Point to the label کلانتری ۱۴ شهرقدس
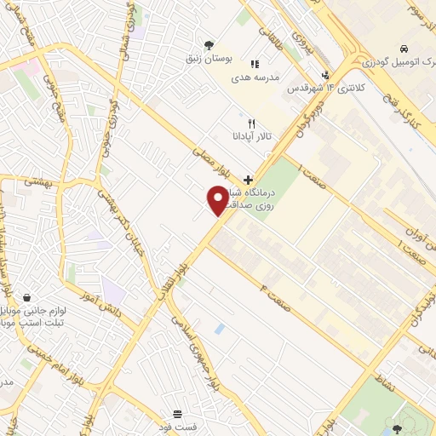[315, 89]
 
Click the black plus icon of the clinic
[248, 180]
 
